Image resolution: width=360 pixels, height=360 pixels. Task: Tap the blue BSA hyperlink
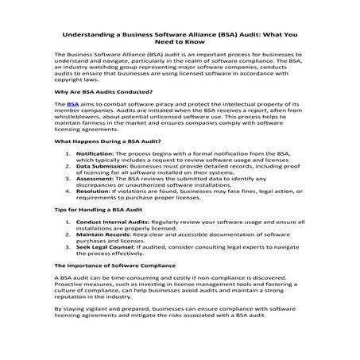tap(73, 103)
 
